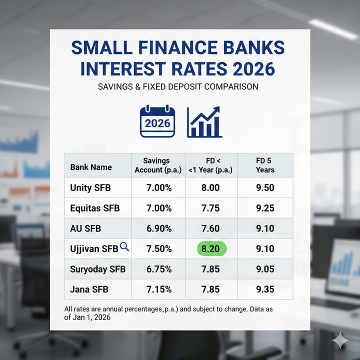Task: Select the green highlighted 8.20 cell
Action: pyautogui.click(x=210, y=249)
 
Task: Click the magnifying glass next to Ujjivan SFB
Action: pyautogui.click(x=124, y=246)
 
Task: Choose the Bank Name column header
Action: pyautogui.click(x=91, y=167)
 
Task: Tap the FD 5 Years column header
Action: pyautogui.click(x=265, y=165)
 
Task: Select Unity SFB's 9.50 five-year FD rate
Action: pyautogui.click(x=265, y=188)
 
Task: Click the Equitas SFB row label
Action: pyautogui.click(x=95, y=208)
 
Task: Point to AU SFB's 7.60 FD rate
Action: pyautogui.click(x=210, y=228)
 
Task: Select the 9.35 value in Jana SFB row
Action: pyautogui.click(x=265, y=289)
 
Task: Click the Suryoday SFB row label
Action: pyautogui.click(x=98, y=269)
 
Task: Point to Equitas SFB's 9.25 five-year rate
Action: pyautogui.click(x=265, y=208)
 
